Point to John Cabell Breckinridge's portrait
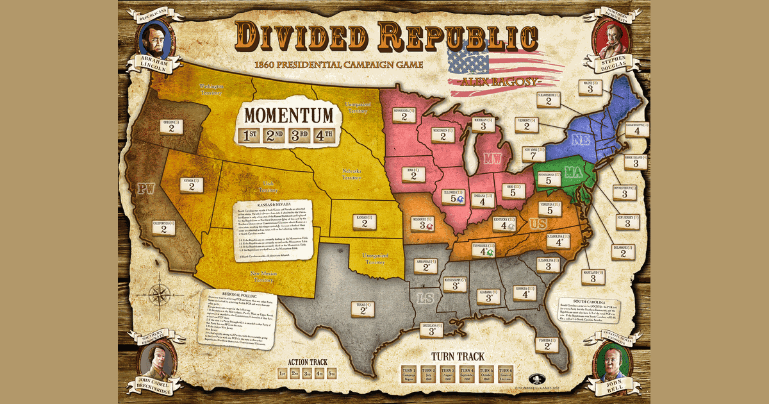point(155,364)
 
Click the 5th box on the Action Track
point(332,373)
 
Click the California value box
point(164,228)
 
